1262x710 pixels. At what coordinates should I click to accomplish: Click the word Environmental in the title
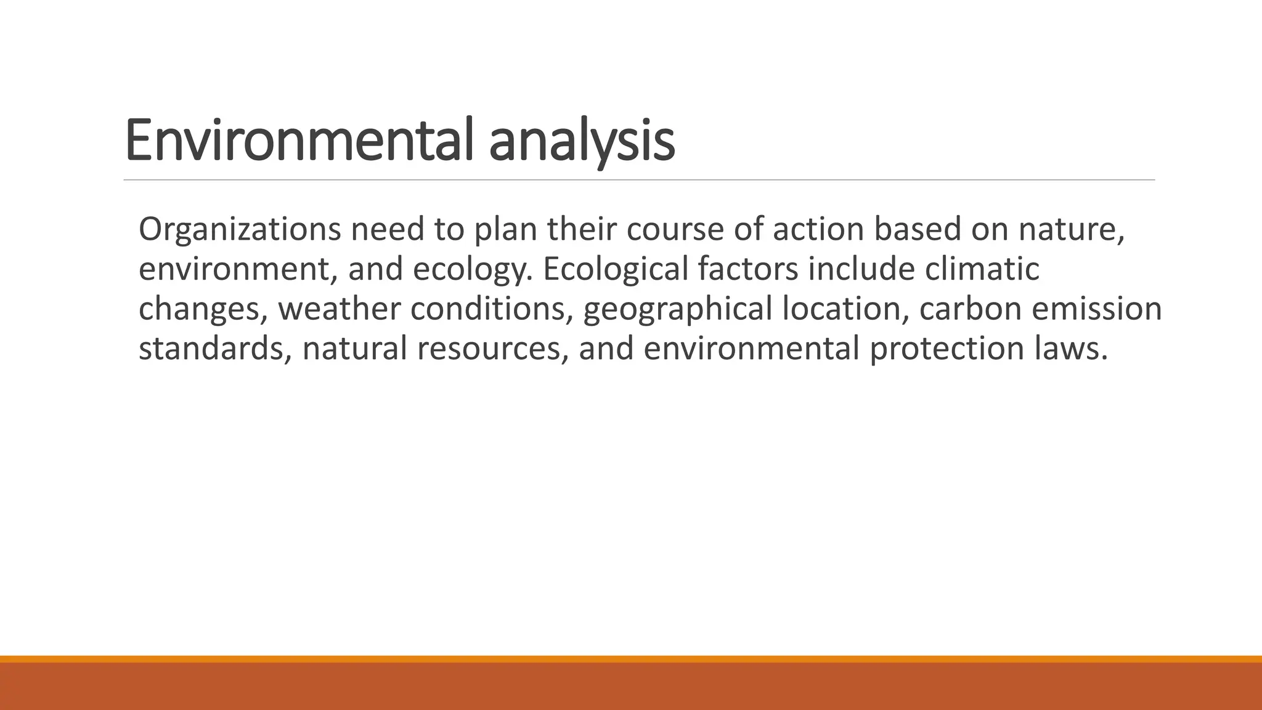tap(302, 141)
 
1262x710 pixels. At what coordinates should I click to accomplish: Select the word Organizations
tap(239, 229)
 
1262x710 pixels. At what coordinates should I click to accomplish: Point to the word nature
tap(1071, 229)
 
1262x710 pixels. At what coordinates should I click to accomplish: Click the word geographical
tap(677, 309)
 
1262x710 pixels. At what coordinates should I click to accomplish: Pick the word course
tap(675, 229)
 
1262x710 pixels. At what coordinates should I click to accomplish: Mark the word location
tap(845, 309)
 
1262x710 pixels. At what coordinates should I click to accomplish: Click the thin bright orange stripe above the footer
tap(631, 659)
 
